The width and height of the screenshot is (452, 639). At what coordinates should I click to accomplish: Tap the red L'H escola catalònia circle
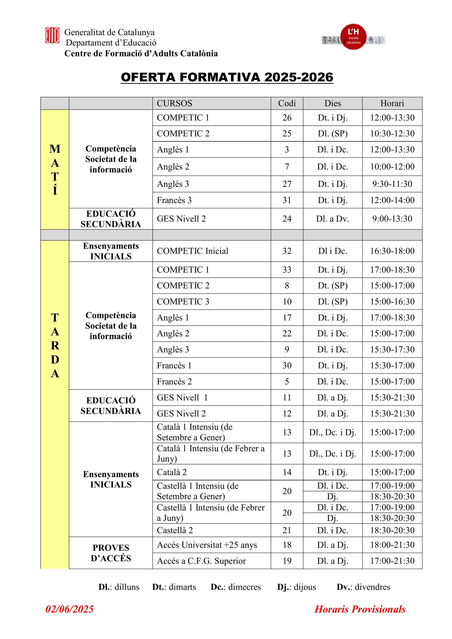point(353,37)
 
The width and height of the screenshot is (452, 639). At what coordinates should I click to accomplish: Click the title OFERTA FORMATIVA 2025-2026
point(227,77)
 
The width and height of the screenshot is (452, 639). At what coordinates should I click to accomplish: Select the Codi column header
point(287,103)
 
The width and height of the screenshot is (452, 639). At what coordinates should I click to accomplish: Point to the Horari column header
point(392,103)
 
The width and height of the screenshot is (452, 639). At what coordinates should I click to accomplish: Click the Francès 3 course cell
point(174,200)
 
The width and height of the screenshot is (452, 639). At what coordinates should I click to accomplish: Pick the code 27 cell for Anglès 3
point(287,184)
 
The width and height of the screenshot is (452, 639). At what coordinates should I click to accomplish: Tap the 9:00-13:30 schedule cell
point(392,219)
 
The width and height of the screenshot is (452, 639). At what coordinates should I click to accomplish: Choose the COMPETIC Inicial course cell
point(193,251)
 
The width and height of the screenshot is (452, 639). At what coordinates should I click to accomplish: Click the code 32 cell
point(287,251)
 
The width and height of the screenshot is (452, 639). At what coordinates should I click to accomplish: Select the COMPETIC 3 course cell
point(183,302)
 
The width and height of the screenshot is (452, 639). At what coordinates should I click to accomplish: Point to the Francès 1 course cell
point(174,365)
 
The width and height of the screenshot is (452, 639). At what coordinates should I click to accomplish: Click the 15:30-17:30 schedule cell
point(392,349)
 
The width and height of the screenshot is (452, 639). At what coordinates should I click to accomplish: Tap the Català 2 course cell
point(172,472)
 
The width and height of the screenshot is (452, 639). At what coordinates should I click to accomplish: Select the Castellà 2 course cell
point(175,530)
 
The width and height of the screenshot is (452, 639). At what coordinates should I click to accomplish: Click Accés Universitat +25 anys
point(207,545)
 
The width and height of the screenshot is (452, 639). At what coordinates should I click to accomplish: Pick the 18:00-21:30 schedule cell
point(392,545)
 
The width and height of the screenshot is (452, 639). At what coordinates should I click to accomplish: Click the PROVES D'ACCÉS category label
point(111,553)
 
